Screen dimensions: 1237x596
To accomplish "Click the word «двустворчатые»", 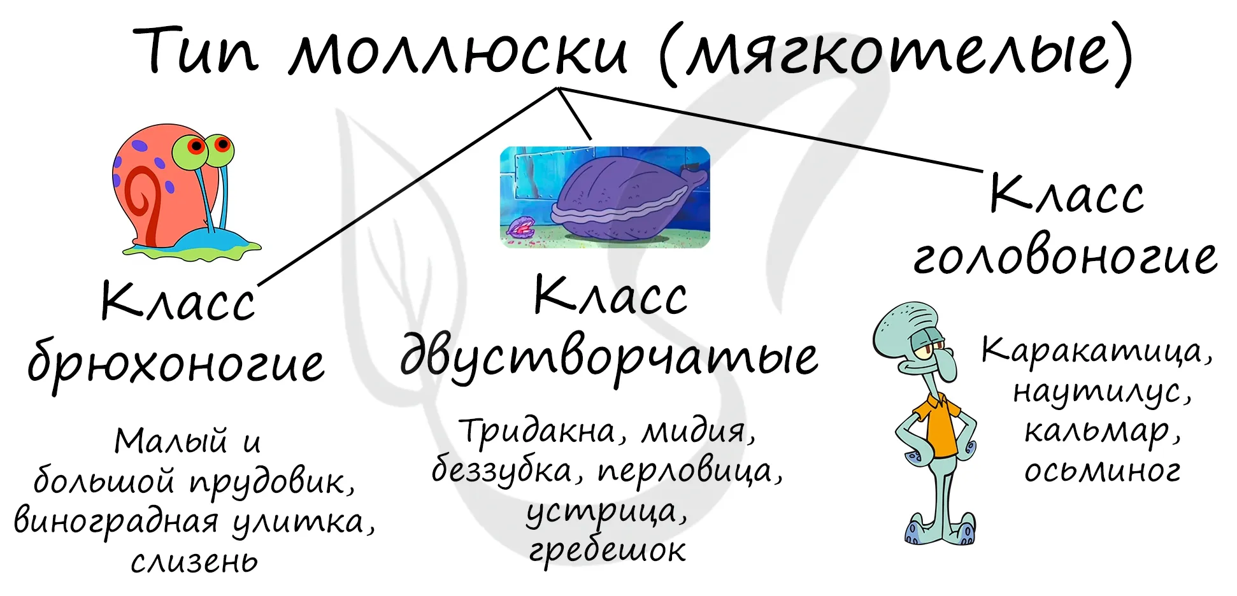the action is click(609, 357).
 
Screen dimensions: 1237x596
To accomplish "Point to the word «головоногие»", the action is click(1065, 257).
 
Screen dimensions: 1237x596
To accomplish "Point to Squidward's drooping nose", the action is click(947, 366).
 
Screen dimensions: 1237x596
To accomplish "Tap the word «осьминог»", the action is click(1102, 470).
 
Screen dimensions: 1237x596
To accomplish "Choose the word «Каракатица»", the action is click(1091, 351).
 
